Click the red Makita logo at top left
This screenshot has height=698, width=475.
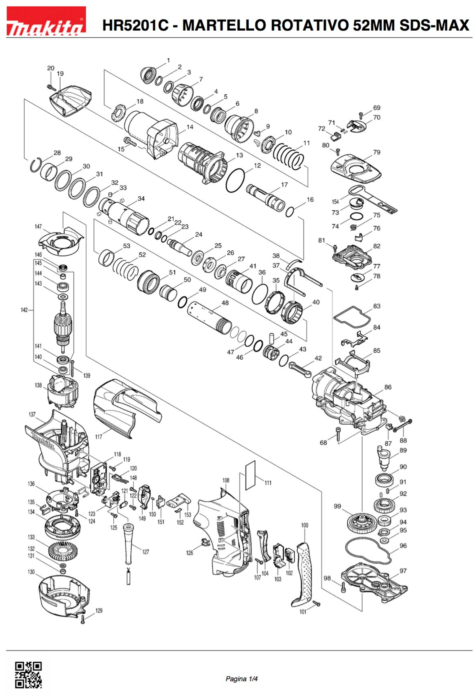coord(46,22)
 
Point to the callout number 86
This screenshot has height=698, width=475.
coord(388,387)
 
